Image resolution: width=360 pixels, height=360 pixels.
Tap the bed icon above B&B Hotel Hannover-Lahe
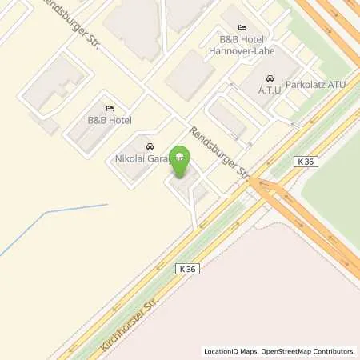(231, 27)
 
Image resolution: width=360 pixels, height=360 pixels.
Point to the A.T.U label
(268, 91)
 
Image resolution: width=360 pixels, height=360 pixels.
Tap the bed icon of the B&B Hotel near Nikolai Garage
(109, 109)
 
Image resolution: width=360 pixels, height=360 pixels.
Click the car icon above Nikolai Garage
(149, 147)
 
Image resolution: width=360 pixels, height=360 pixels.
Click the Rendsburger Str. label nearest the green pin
(220, 153)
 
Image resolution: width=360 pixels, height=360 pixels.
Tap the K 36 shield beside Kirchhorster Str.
(186, 270)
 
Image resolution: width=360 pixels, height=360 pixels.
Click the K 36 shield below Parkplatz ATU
(306, 162)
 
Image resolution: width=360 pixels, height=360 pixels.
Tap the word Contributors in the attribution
(333, 351)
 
